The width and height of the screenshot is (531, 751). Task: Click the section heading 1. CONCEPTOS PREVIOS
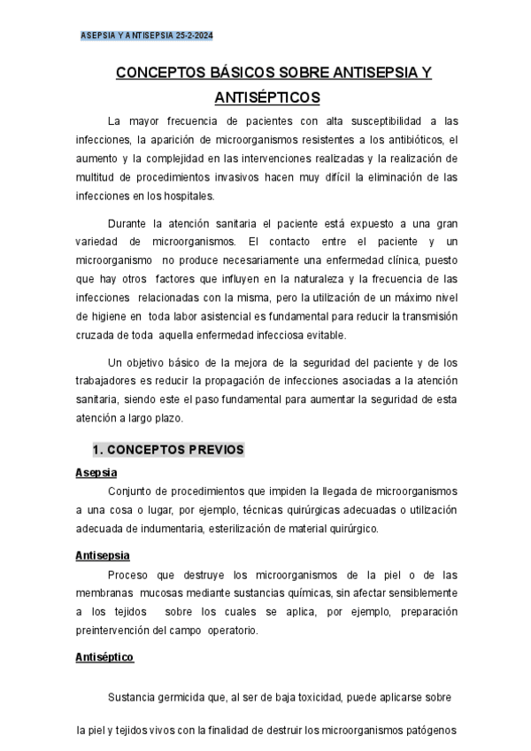tap(168, 450)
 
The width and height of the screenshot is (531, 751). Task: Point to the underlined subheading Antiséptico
tap(104, 658)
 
